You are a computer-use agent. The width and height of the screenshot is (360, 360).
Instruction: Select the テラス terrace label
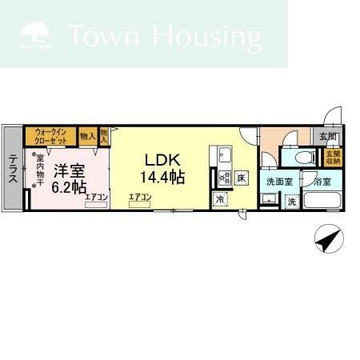13,169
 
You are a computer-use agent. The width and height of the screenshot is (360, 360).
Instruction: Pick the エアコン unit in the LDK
139,201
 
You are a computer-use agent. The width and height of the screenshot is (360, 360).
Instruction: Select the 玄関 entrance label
328,137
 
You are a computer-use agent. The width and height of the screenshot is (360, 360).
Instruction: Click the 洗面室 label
279,182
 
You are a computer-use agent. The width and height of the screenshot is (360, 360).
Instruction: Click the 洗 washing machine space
292,201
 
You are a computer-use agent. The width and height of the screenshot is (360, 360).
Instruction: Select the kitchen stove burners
223,177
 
